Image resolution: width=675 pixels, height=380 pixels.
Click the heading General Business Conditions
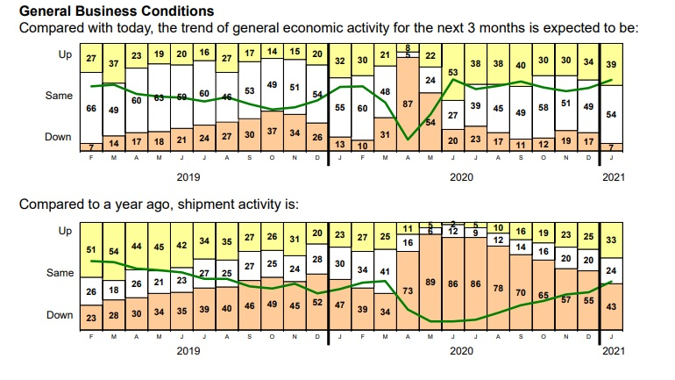[x=116, y=11]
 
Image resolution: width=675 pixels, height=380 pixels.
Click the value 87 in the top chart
[x=406, y=104]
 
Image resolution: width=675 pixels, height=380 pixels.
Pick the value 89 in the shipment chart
[x=430, y=283]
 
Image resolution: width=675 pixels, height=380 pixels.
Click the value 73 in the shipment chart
[x=407, y=290]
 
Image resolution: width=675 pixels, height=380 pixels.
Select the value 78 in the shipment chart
[x=497, y=288]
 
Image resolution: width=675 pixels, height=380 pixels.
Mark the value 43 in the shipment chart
[x=611, y=306]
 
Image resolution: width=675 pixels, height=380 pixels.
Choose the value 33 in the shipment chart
[x=611, y=240]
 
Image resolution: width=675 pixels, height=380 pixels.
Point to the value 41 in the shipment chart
[x=384, y=271]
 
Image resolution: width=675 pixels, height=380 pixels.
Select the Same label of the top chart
[x=60, y=95]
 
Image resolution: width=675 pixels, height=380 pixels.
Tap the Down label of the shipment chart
[x=60, y=314]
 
